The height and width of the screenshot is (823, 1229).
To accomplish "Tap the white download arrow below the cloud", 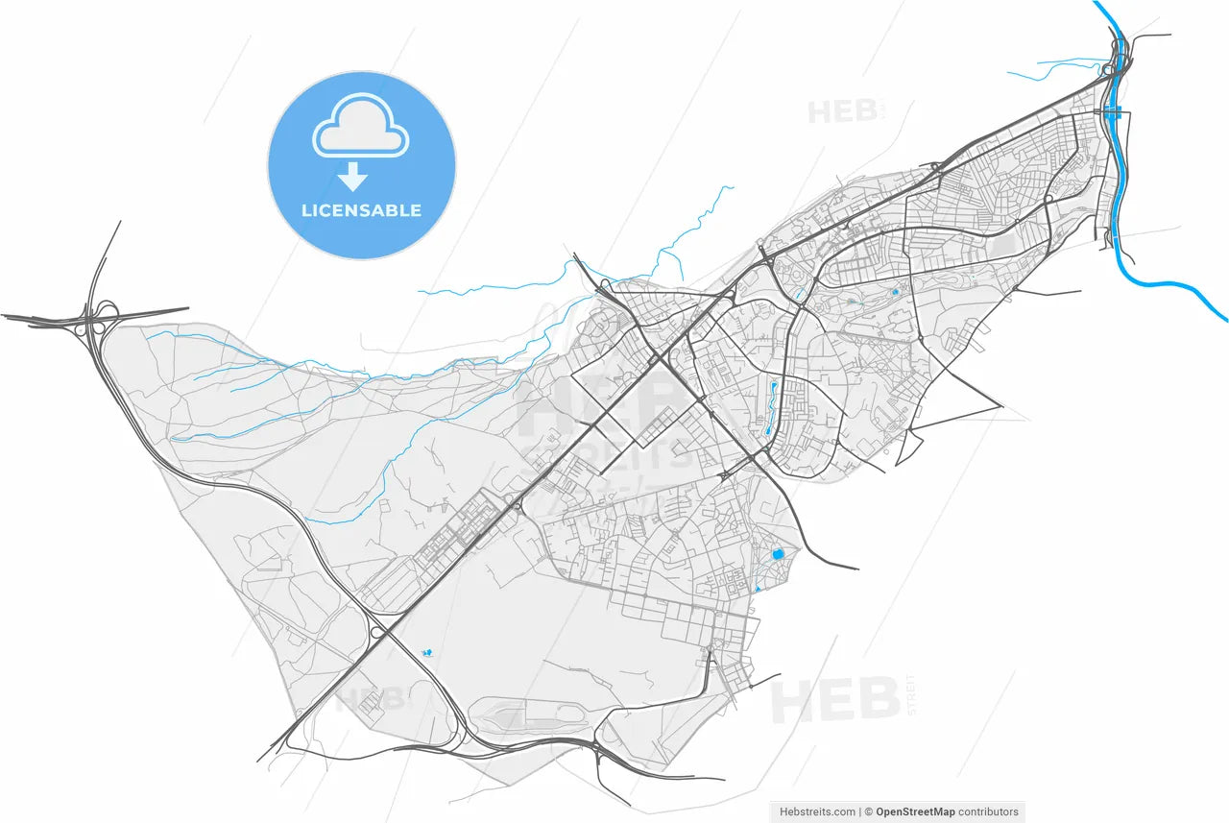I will pos(353,177).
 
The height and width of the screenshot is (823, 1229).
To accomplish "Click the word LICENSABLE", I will pos(361,210).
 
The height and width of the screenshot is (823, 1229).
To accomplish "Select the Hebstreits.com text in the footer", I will pos(817,812).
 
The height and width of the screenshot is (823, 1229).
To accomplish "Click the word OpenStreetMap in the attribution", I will pos(913,812).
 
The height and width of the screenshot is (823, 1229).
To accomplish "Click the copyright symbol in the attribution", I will pos(868,812).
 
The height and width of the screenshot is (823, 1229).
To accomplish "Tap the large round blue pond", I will pos(778,554).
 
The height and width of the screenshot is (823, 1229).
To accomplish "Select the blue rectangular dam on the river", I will pos(1113,113).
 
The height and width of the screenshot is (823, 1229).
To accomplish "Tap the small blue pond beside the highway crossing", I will pos(426,653).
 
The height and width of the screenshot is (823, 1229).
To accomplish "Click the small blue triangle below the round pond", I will pos(759,588).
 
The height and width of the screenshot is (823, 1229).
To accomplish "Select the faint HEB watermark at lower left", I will pos(369,698).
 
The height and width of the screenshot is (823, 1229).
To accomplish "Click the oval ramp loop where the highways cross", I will pos(377,631).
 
